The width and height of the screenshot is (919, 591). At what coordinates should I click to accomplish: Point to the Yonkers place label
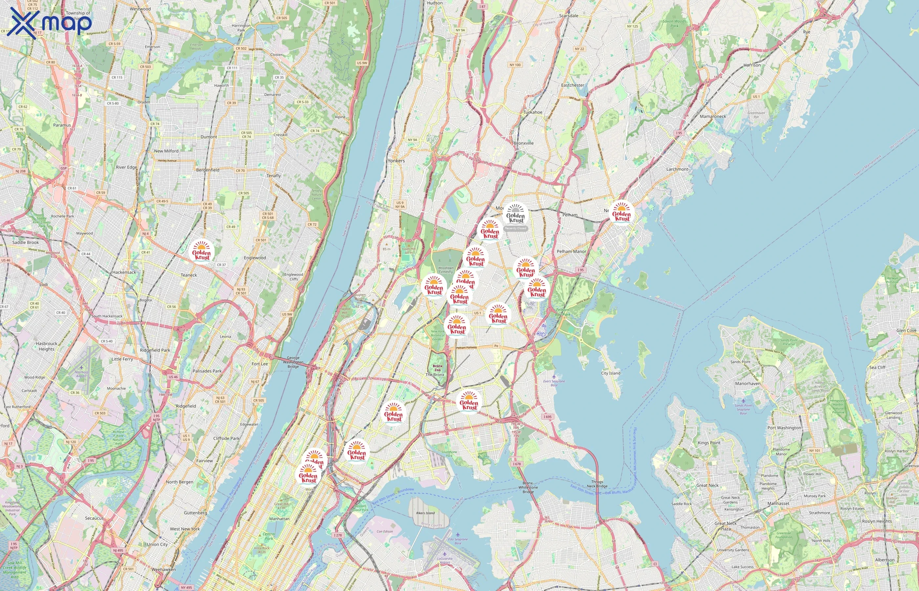coord(396,161)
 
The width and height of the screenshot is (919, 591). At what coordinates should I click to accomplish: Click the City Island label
coord(610,373)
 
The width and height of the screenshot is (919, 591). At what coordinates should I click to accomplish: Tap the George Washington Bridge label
coord(293,362)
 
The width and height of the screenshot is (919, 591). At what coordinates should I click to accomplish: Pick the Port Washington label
coord(784,427)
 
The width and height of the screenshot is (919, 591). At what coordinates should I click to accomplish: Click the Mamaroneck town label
coord(713,116)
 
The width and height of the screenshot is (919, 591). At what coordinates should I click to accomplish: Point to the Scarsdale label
coord(568,16)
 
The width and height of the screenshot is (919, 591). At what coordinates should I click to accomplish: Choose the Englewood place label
coord(255,258)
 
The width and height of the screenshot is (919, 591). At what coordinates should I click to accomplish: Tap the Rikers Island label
coord(425,513)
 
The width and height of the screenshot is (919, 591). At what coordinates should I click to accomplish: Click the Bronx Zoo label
coord(437,368)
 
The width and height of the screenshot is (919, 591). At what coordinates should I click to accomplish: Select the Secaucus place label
coord(94,518)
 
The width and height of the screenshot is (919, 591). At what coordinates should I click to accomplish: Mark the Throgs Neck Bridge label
coord(597,484)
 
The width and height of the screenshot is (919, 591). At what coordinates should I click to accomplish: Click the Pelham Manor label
coord(571,252)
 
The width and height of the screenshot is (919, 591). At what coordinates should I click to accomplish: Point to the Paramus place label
coord(62,125)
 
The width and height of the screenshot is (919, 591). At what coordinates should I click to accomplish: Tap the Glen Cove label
coord(906,330)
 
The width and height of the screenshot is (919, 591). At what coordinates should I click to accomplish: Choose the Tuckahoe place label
coord(533,112)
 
